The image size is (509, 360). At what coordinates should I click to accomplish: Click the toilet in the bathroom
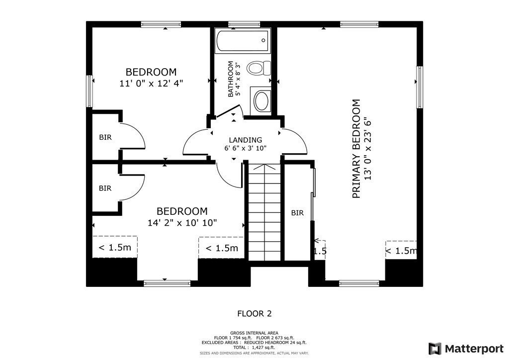[x=258, y=68]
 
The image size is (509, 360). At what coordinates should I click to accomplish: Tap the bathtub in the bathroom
[x=243, y=41]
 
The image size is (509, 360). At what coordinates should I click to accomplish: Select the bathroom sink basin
[x=261, y=101]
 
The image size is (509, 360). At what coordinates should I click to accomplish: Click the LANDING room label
[x=246, y=140]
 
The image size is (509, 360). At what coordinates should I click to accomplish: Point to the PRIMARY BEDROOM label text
[x=356, y=149]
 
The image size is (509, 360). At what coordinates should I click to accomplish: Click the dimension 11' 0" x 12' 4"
[x=151, y=84]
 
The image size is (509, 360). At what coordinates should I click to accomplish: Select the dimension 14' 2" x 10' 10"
[x=182, y=223]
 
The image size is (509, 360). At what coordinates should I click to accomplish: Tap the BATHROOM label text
[x=231, y=79]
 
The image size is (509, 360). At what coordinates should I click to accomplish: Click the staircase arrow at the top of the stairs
[x=264, y=168]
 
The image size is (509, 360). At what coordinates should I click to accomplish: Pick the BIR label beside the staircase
[x=297, y=213]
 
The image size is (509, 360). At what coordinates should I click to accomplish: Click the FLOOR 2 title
[x=254, y=314]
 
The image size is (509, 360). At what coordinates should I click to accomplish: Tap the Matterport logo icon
[x=435, y=349]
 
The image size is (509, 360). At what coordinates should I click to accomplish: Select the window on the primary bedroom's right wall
[x=420, y=88]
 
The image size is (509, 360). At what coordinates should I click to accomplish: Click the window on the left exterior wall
[x=89, y=91]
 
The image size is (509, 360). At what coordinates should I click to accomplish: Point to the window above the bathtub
[x=244, y=24]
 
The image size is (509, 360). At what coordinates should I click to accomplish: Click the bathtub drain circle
[x=263, y=40]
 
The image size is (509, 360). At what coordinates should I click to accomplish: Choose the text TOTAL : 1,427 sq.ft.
[x=254, y=348]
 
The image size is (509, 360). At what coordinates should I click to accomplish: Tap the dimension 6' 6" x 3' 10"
[x=246, y=148]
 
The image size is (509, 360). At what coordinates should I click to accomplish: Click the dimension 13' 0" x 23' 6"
[x=367, y=149]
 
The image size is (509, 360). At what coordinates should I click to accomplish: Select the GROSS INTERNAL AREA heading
[x=254, y=333]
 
